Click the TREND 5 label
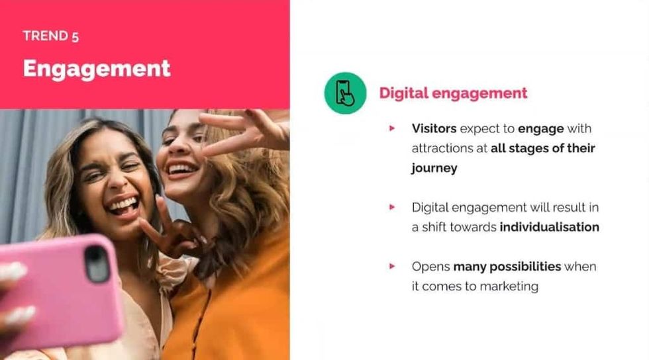coord(50,36)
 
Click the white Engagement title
coord(97,69)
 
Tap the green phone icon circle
coord(345,93)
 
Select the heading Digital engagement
coord(453,93)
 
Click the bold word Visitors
coord(434,128)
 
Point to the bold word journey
coord(434,168)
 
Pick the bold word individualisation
coord(549,227)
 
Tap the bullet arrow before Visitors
coord(393,128)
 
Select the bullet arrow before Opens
coord(393,266)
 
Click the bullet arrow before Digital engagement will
coord(393,207)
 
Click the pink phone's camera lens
coord(97,263)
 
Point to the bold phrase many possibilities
coord(507,267)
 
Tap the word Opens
coord(430,267)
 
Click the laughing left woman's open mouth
coord(124,204)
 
